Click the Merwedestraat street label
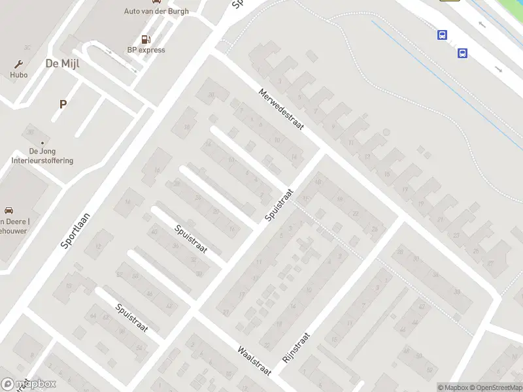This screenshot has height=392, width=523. click(x=281, y=110)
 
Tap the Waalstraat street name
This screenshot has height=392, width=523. click(x=255, y=360)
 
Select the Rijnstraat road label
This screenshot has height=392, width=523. click(x=295, y=348)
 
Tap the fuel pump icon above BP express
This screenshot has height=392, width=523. click(x=145, y=39)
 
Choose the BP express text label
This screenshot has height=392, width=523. click(x=146, y=50)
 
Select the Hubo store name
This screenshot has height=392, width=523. click(x=19, y=74)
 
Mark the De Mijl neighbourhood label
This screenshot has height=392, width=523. click(x=61, y=63)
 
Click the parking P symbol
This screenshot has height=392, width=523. click(x=63, y=104)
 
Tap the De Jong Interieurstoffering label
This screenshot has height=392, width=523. click(x=42, y=156)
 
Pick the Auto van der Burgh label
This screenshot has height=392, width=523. click(x=156, y=11)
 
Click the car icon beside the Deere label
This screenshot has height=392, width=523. click(x=9, y=210)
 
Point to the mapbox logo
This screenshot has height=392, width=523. click(x=29, y=384)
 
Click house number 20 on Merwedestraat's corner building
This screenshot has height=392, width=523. click(x=211, y=95)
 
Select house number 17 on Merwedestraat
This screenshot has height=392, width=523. click(x=405, y=190)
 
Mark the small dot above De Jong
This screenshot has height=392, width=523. click(x=42, y=142)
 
